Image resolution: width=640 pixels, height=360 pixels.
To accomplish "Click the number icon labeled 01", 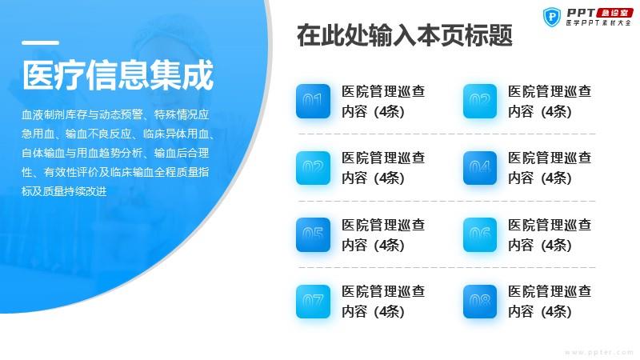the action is click(313, 102).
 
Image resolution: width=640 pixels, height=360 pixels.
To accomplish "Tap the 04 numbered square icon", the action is click(480, 168).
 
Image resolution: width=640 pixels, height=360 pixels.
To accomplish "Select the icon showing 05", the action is click(313, 234).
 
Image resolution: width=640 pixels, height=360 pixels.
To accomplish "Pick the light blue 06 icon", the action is click(480, 234).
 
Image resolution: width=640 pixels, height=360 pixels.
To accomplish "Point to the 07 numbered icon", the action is click(313, 302).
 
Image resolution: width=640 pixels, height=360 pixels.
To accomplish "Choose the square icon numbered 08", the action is click(480, 302).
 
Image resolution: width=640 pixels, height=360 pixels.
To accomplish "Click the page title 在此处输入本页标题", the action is click(405, 35).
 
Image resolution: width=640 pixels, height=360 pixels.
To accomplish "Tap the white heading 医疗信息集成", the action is click(118, 74).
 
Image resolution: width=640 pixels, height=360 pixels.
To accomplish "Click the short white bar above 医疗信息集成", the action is click(41, 42).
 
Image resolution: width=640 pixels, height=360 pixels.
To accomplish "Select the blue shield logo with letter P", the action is click(552, 17).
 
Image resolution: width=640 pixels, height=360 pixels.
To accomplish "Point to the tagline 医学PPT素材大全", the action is click(598, 23).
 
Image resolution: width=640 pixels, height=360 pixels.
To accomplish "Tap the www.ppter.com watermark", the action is click(598, 352).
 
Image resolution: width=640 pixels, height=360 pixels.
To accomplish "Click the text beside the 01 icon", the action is click(383, 102).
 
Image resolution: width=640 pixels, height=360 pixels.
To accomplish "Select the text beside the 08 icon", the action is click(550, 302).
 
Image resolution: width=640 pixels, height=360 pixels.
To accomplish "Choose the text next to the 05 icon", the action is click(383, 234).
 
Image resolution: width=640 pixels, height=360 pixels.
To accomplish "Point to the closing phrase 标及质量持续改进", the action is click(64, 191).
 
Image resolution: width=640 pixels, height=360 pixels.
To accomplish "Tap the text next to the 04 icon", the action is click(550, 168).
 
